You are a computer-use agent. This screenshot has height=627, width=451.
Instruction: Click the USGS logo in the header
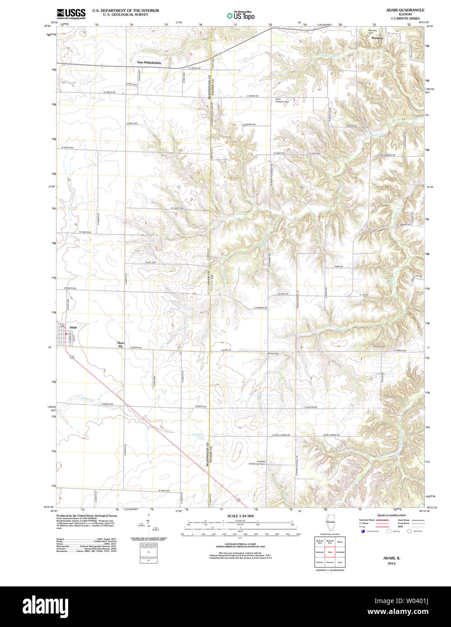[71, 14]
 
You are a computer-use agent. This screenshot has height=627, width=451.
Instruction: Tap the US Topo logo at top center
[241, 15]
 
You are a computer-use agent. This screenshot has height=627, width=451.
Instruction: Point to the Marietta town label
[377, 38]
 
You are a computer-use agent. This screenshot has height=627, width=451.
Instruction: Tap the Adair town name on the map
[73, 327]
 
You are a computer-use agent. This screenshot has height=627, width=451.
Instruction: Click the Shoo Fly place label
[121, 345]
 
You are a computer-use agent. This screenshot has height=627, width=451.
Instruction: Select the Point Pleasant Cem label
[282, 101]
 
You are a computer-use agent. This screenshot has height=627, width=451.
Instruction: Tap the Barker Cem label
[273, 353]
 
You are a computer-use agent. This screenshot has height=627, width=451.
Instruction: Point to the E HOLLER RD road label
[311, 407]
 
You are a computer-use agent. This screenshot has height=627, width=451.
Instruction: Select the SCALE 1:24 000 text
[240, 516]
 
